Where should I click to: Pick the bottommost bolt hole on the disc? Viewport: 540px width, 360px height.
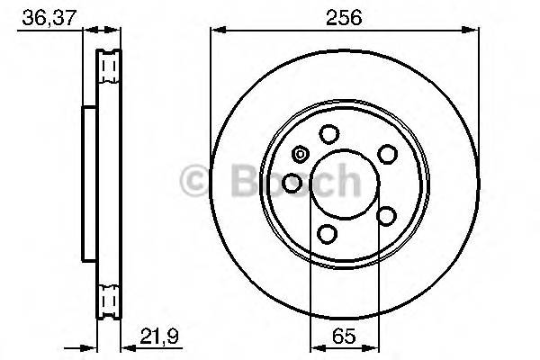[328, 234]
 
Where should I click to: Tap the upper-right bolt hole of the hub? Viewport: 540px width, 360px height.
[387, 154]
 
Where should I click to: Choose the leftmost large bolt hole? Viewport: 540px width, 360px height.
[292, 184]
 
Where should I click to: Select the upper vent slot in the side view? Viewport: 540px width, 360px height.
[109, 67]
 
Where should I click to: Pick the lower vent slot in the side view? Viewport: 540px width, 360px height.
[109, 297]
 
